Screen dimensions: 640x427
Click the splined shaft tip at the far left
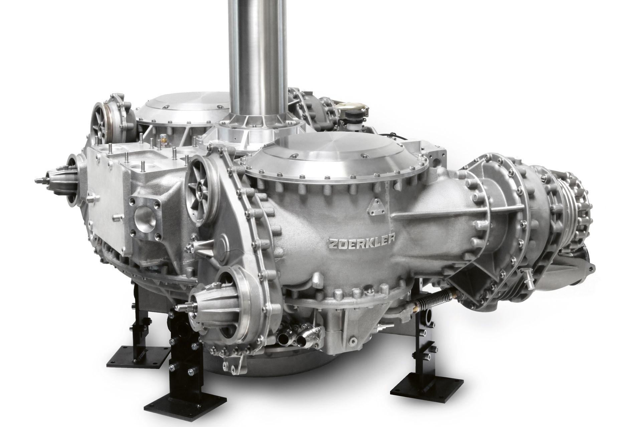pyautogui.click(x=40, y=181)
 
